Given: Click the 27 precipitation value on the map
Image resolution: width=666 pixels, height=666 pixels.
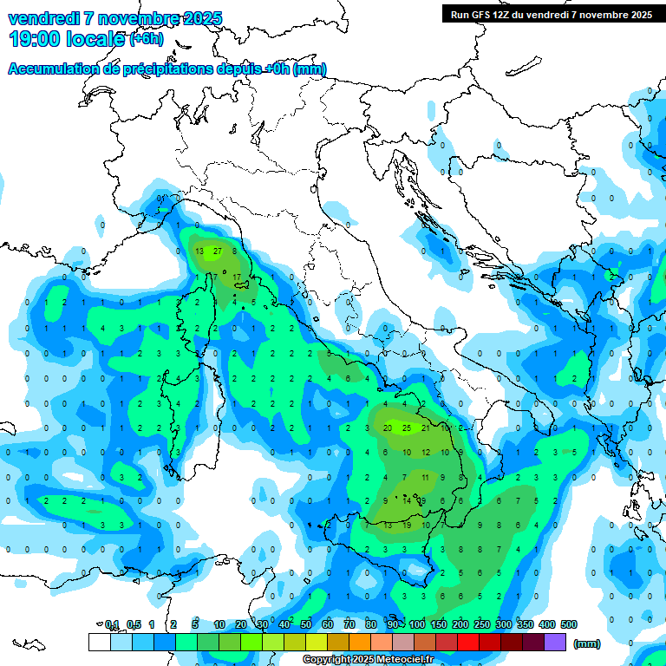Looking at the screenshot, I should coord(218,251).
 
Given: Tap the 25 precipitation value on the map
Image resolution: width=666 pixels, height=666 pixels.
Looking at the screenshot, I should coord(407,428).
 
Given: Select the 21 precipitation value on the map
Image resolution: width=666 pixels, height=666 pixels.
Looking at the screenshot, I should coord(425,428).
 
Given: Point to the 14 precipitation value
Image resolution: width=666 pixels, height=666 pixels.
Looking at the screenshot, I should coord(406,500).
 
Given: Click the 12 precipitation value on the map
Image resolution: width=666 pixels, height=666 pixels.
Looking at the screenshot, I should coord(425,452).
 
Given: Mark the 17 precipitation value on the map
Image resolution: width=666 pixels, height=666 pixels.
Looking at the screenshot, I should coord(237,277).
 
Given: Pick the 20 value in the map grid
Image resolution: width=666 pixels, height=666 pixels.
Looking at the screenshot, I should coord(388,428).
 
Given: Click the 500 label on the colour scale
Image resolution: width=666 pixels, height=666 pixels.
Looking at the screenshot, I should coord(569,624).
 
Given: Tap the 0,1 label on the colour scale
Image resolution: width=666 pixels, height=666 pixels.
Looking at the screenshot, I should coord(112,624).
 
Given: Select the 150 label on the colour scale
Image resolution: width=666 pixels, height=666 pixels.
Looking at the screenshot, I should coord(439,624).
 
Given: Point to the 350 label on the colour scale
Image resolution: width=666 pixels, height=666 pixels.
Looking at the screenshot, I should coord(526,624).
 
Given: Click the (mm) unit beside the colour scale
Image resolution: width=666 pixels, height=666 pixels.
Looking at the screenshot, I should coord(587,643).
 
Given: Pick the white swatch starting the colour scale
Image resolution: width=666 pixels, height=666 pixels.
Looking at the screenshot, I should coord(99,643).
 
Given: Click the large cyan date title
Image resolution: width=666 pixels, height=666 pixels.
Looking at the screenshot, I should coord(114,18).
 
